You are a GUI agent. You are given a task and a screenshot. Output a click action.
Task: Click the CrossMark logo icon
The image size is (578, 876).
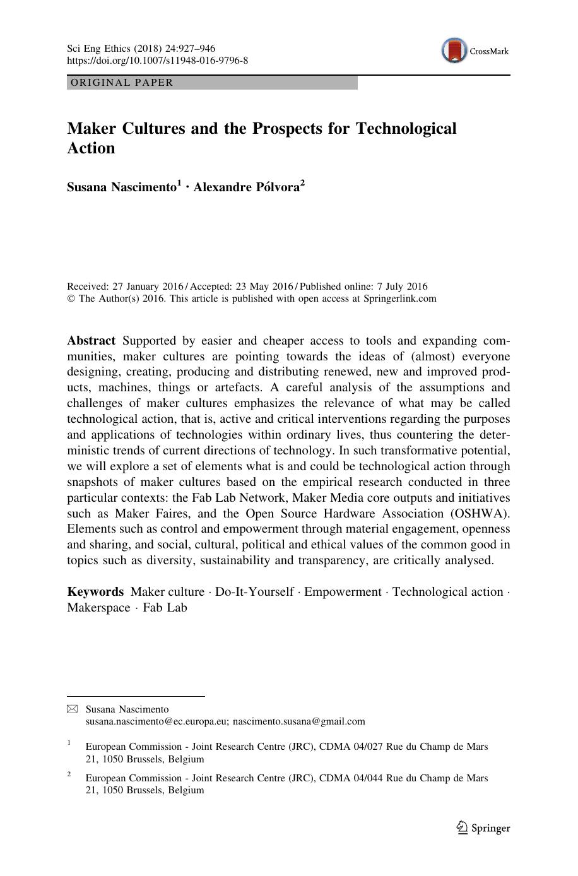(454, 51)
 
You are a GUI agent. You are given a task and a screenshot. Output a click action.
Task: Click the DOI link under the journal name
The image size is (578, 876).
(157, 61)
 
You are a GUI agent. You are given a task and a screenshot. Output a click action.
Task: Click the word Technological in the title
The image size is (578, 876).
(406, 129)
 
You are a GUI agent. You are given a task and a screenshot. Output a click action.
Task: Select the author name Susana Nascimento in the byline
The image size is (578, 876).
(122, 187)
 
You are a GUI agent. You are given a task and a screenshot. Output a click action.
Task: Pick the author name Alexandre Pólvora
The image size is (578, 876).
(246, 187)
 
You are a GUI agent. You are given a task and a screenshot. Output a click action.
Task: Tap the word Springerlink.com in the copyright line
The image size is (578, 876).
(399, 299)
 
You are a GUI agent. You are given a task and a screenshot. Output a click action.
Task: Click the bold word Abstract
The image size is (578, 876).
(91, 341)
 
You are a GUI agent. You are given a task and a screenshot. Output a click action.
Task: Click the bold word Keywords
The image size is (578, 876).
(95, 592)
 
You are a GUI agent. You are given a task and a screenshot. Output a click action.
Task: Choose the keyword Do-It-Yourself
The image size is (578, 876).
(254, 592)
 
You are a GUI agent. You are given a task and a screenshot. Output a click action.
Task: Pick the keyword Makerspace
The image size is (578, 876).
(98, 608)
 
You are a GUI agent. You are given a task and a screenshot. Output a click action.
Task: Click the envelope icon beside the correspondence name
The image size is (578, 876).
(72, 709)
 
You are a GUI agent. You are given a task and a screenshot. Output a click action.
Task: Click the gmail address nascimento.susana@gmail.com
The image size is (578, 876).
(298, 721)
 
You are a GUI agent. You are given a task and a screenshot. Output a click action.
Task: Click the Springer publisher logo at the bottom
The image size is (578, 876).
(483, 828)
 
